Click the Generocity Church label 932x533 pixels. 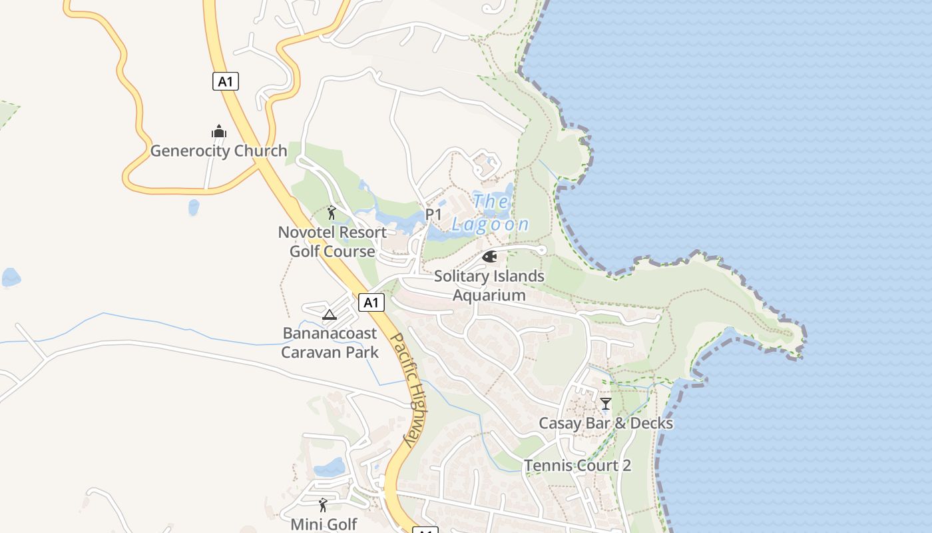pos(218,151)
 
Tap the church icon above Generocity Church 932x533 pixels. pos(219,131)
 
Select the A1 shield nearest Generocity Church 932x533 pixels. pos(226,81)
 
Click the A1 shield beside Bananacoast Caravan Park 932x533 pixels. pos(371,302)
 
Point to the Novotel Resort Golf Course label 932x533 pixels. pos(332,242)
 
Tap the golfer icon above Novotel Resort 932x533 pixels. pos(332,213)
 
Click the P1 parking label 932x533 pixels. pos(433,215)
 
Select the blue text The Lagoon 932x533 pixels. pos(491,213)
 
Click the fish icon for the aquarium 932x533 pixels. pos(489,257)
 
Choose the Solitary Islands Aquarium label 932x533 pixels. pos(489,285)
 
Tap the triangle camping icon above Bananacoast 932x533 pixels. pos(329,314)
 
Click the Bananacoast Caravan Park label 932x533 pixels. pos(330,342)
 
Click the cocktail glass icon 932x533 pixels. pos(606,404)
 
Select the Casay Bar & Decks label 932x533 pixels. pos(606,423)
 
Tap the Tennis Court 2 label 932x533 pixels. pos(577,465)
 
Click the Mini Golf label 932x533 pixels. pos(324,524)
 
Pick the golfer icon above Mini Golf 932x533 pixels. pos(323,505)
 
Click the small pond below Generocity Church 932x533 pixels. pos(194,207)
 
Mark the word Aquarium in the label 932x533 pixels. pos(489,295)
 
